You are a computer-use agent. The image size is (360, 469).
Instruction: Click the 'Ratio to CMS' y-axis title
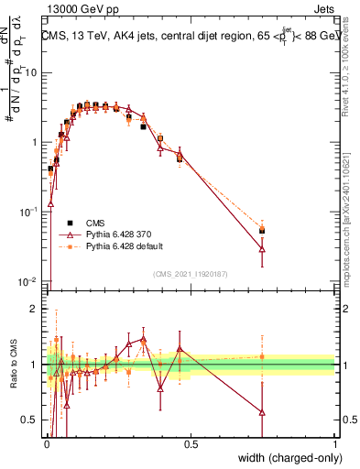pos(14,365)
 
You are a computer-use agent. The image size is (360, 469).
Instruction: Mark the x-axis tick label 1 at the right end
pos(333,442)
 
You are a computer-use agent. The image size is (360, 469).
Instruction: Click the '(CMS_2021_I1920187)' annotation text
pos(190,274)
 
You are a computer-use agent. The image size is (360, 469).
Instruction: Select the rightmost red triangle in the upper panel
pos(262,248)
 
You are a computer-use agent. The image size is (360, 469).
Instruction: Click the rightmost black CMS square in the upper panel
pos(262,231)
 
